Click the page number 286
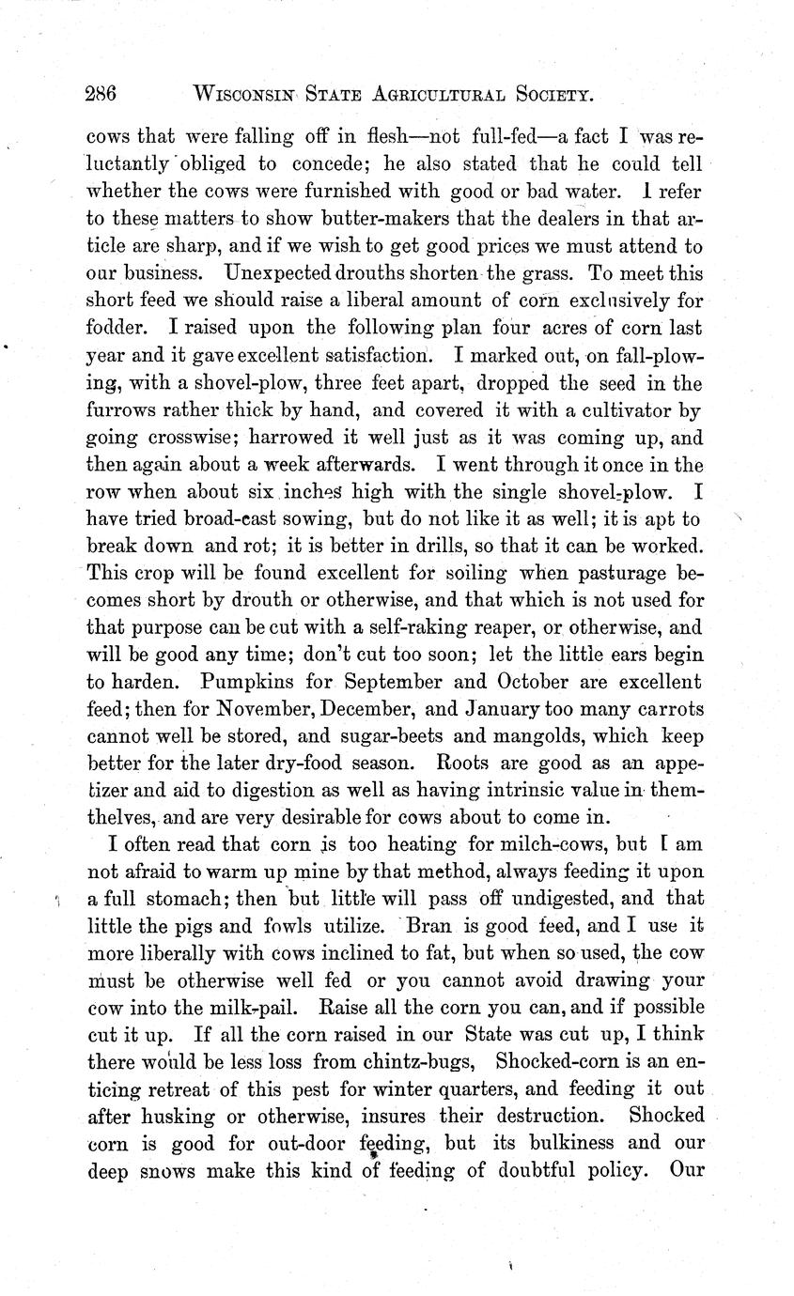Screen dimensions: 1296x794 (x=100, y=94)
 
